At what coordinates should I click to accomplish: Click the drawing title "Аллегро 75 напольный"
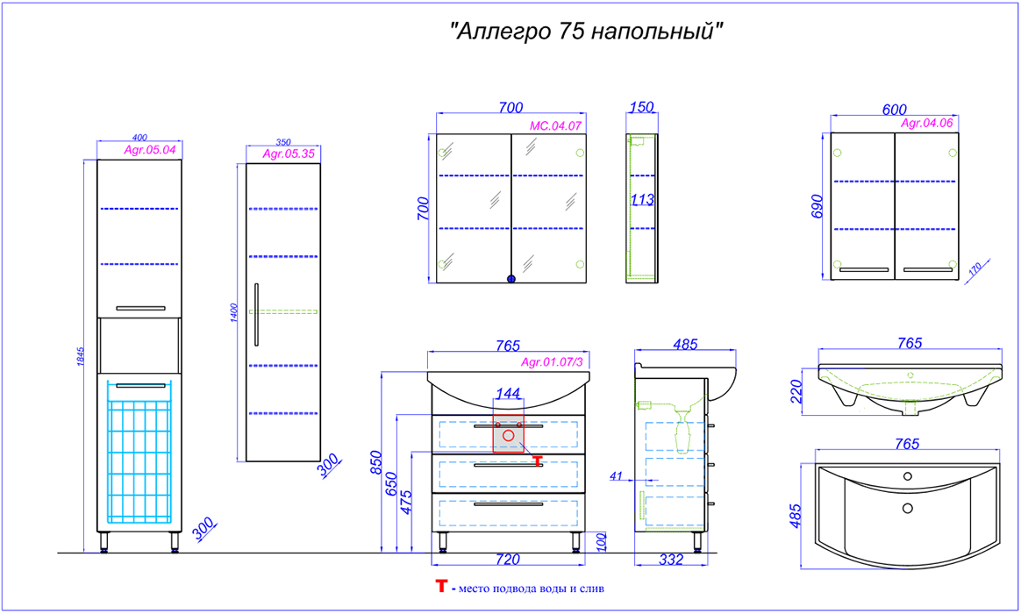point(587,31)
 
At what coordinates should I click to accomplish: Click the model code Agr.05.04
point(150,150)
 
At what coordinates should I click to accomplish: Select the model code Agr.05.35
point(289,154)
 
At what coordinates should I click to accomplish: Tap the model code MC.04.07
point(555,125)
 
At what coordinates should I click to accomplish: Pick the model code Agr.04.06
point(926,123)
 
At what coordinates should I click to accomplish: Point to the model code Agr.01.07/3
point(552,362)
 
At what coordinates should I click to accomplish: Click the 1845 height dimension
point(81,356)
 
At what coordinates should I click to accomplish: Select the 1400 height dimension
point(234,312)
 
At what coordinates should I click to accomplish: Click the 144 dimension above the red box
point(508,393)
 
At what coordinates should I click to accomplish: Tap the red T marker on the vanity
point(537,461)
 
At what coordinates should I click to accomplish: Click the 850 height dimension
point(375,462)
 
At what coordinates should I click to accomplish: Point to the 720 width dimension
point(508,560)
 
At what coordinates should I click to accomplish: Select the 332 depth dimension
point(671,560)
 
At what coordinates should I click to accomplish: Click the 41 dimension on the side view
point(616,476)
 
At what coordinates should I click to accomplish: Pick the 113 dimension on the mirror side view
point(642,200)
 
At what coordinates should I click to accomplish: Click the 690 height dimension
point(818,206)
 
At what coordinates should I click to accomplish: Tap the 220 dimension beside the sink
point(797,391)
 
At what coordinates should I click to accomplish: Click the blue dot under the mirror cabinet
point(511,279)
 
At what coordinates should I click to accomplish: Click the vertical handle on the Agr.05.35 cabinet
point(256,315)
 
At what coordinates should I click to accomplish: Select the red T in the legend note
point(441,587)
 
